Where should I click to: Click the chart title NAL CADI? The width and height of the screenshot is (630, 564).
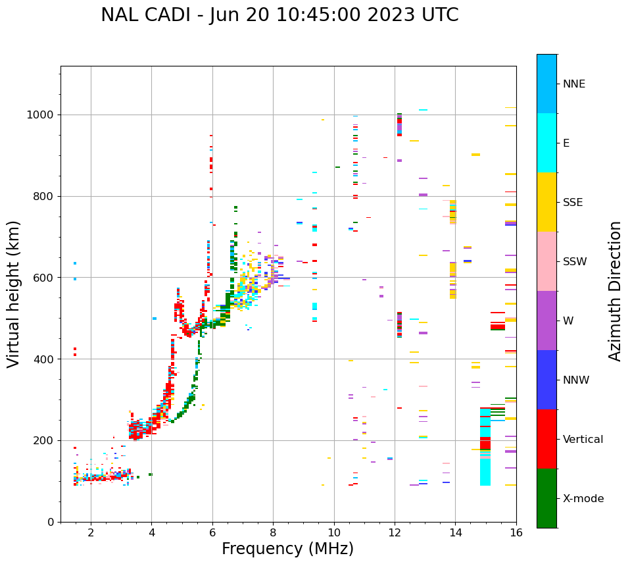(279, 15)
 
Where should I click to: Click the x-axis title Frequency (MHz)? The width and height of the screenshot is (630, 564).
(287, 549)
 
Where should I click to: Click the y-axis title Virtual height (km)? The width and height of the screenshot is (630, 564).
(14, 294)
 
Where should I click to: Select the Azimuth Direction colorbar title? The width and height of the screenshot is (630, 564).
(615, 291)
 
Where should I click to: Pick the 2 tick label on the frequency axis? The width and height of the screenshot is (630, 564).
(91, 533)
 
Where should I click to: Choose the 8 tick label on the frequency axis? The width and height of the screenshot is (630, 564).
(273, 533)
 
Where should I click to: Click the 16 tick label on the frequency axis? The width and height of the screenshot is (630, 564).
(516, 533)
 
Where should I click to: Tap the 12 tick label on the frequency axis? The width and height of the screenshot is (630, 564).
(395, 533)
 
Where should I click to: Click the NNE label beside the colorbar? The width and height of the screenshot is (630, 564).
(573, 84)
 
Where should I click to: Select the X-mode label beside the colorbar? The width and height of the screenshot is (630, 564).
(583, 499)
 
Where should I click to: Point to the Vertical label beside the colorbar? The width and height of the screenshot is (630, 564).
(583, 440)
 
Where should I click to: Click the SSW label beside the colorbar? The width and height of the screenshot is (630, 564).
(575, 262)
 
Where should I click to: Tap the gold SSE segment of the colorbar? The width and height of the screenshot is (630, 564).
(546, 202)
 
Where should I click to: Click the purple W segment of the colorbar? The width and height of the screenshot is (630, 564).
(546, 320)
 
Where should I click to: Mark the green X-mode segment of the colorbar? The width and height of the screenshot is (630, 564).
(546, 498)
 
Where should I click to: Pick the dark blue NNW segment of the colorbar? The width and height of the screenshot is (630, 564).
(546, 380)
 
